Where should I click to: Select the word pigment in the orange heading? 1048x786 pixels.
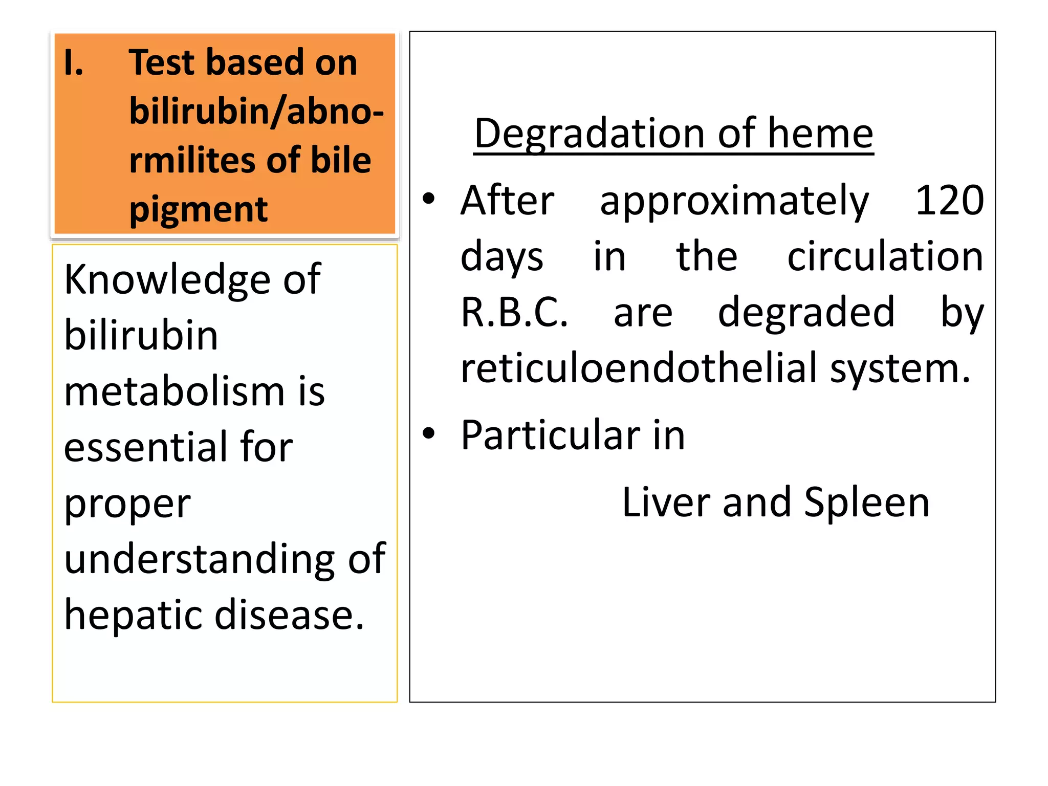(199, 210)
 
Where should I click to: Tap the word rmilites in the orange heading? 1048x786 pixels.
(189, 161)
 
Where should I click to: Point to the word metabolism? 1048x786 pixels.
(174, 392)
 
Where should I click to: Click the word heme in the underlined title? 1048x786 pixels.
(820, 134)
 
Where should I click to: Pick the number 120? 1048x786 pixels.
(949, 201)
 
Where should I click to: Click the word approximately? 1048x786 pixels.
(734, 202)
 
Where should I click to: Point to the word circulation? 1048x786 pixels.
(885, 256)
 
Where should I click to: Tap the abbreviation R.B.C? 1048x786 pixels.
(514, 312)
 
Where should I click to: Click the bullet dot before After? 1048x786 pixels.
(429, 199)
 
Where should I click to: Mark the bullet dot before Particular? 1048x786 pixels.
(429, 433)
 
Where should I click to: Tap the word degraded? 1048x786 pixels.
(806, 313)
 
